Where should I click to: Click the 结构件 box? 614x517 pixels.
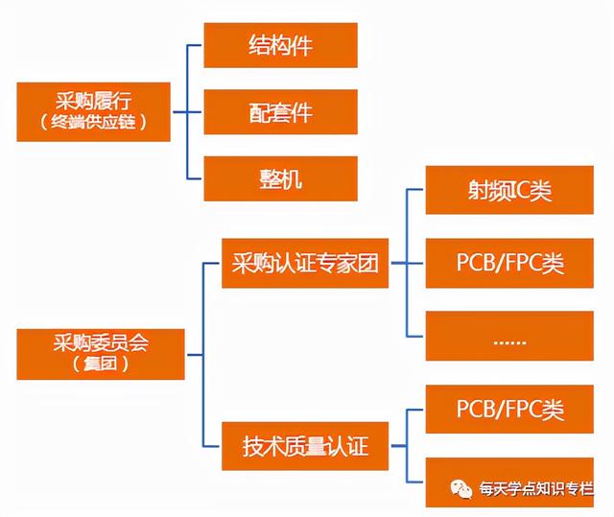tap(280, 46)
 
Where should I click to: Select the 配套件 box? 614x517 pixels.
tap(280, 112)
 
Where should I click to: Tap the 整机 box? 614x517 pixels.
tap(280, 178)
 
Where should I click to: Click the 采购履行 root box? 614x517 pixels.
tap(94, 111)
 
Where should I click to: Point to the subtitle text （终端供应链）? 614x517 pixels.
tap(94, 123)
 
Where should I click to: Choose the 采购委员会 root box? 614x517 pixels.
tap(94, 353)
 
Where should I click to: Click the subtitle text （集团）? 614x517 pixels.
tap(94, 364)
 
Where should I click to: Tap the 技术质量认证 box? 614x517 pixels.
tap(305, 446)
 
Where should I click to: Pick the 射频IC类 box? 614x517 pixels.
tap(508, 191)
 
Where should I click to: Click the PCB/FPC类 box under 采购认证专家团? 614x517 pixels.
tap(508, 263)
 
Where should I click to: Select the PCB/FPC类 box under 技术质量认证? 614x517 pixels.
tap(508, 411)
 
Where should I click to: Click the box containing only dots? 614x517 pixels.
tap(508, 337)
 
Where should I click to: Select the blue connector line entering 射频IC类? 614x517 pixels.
tap(416, 190)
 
